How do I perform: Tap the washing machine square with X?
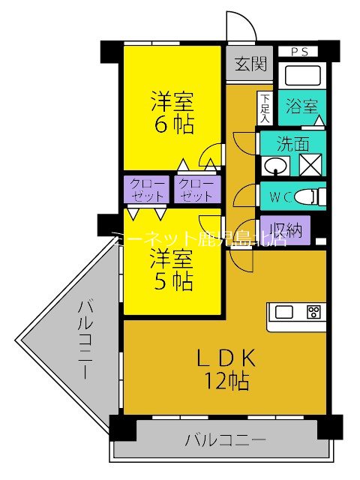[x=310, y=164]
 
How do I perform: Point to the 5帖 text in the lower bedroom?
[x=172, y=282]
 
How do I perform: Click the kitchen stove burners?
[x=313, y=311]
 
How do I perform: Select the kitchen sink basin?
[x=286, y=312]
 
